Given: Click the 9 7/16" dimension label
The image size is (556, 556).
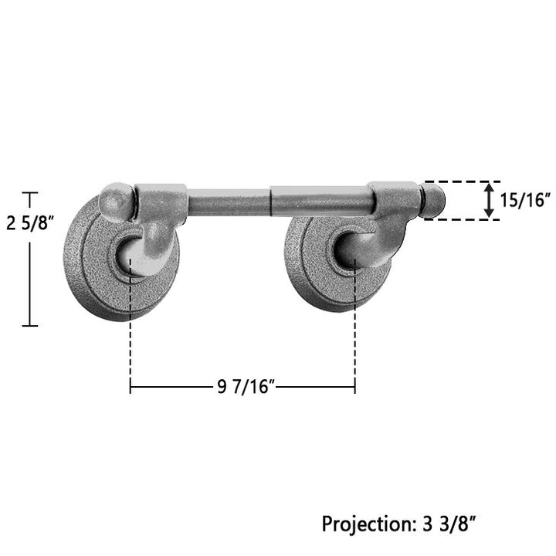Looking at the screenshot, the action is [246, 387].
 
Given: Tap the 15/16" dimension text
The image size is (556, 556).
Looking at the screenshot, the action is [525, 200].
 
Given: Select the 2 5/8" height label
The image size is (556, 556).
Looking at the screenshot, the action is [30, 223].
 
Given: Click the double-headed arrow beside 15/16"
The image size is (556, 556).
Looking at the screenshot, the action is [489, 200].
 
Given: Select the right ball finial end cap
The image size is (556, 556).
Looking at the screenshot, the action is [433, 201].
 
